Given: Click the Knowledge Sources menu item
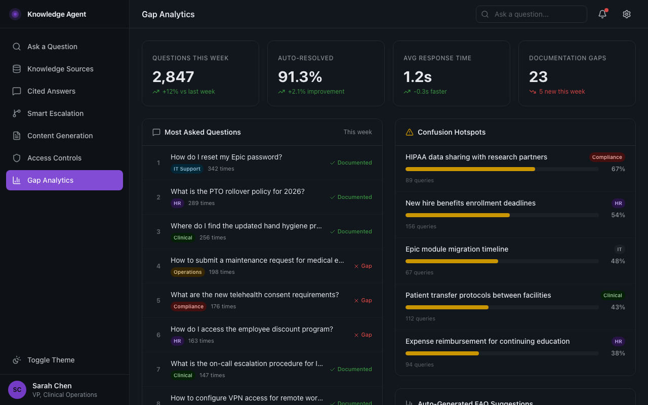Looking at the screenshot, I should tap(60, 69).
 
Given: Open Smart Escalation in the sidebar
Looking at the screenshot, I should tap(55, 113).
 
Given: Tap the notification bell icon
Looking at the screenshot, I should tap(602, 14).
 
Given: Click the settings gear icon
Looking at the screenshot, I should tap(627, 14).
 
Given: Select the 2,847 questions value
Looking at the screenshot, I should tap(173, 77).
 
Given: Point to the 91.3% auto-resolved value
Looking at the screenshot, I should tap(300, 77).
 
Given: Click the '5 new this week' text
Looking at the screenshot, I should tap(561, 92).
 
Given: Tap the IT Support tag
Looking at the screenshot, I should tap(187, 169).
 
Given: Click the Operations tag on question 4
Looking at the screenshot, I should tap(187, 272).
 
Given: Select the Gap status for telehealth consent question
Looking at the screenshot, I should tap(363, 300).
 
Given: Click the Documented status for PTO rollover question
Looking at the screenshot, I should tap(351, 197).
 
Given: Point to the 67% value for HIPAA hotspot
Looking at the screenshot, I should tap(618, 169).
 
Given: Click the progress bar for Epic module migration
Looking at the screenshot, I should tap(502, 261).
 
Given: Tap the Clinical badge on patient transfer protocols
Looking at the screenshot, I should tap(612, 295).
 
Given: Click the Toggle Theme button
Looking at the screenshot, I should tap(51, 360).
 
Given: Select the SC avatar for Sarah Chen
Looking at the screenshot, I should tap(17, 390).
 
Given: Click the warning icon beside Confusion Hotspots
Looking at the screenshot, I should tap(410, 132).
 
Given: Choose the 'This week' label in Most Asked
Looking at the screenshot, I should tap(357, 132).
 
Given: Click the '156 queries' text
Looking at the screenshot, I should tap(421, 226).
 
